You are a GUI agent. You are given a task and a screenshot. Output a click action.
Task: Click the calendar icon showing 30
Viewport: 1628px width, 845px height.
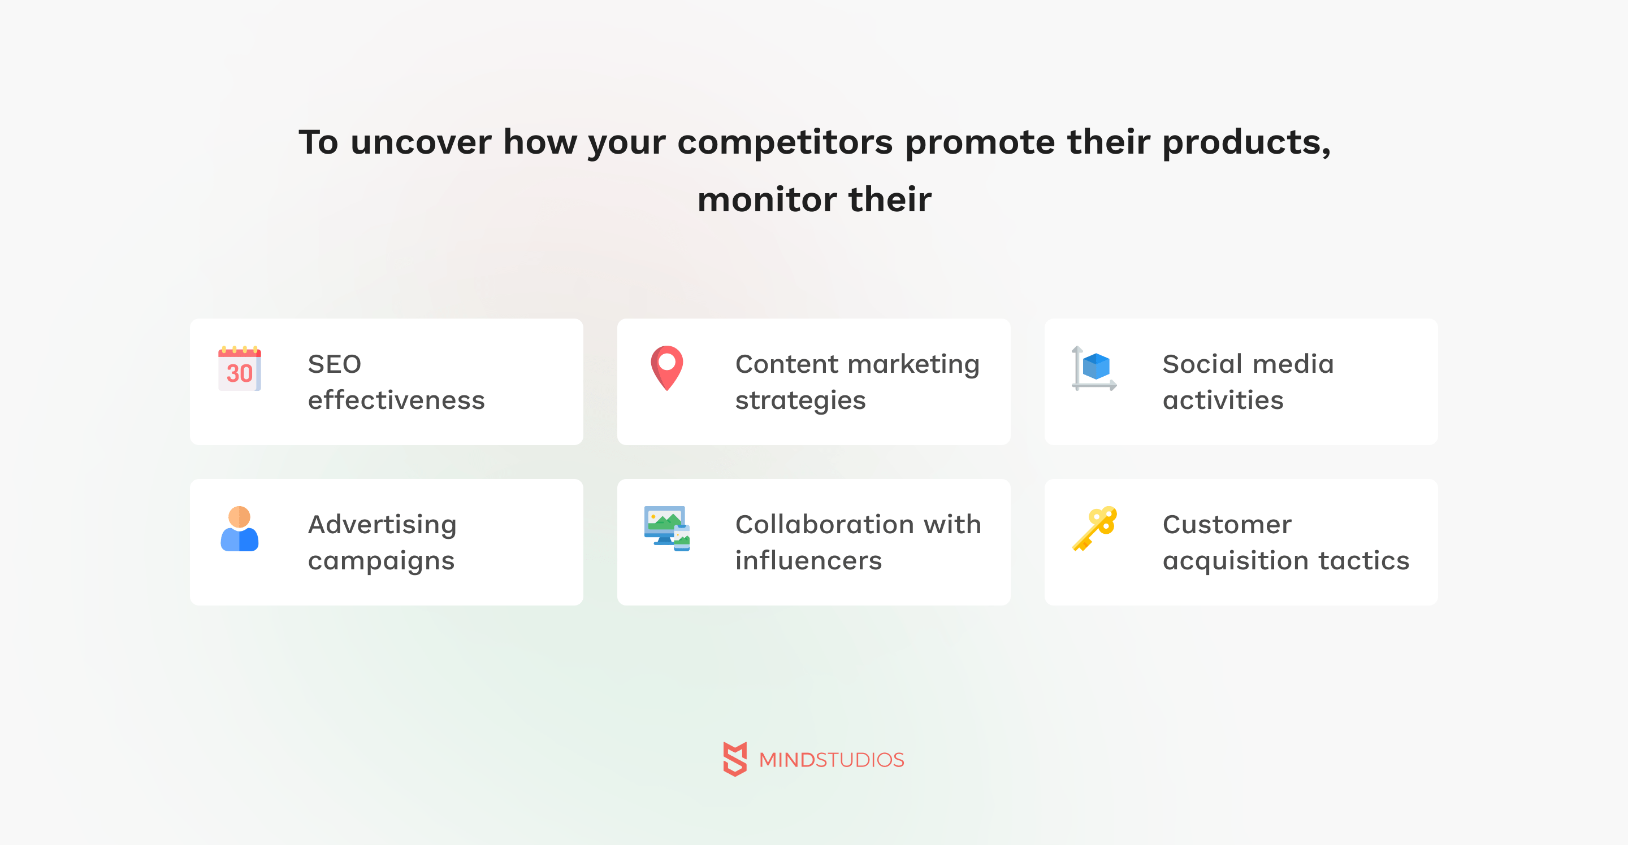pyautogui.click(x=240, y=368)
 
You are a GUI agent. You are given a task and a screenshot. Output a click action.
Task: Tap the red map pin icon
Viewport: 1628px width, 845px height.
pyautogui.click(x=667, y=368)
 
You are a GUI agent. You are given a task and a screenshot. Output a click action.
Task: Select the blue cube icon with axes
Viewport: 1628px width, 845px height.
pyautogui.click(x=1094, y=368)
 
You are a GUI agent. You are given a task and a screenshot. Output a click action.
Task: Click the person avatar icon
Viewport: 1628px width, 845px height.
pyautogui.click(x=240, y=529)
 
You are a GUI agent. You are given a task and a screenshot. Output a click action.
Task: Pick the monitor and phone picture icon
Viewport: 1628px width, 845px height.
pyautogui.click(x=667, y=529)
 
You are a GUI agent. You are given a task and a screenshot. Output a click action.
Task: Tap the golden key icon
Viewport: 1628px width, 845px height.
pyautogui.click(x=1094, y=529)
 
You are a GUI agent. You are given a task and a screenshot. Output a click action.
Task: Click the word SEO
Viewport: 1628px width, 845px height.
pyautogui.click(x=334, y=364)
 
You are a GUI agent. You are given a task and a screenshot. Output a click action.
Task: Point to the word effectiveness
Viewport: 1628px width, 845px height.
pyautogui.click(x=396, y=400)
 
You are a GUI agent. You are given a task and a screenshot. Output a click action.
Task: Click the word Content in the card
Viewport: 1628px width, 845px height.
pyautogui.click(x=787, y=364)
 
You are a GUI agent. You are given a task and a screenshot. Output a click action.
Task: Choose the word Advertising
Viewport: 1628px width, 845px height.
pyautogui.click(x=382, y=525)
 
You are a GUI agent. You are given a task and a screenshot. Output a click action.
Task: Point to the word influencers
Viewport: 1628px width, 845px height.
pyautogui.click(x=808, y=561)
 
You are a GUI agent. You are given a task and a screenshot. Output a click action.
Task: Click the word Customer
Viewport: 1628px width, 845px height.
pyautogui.click(x=1227, y=525)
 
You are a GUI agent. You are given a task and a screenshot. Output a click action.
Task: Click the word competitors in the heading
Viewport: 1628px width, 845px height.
pyautogui.click(x=785, y=143)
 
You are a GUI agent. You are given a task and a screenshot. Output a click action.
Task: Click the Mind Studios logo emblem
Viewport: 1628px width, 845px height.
pyautogui.click(x=735, y=759)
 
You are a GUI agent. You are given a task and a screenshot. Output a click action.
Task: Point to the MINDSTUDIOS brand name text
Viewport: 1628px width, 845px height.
pyautogui.click(x=832, y=760)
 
